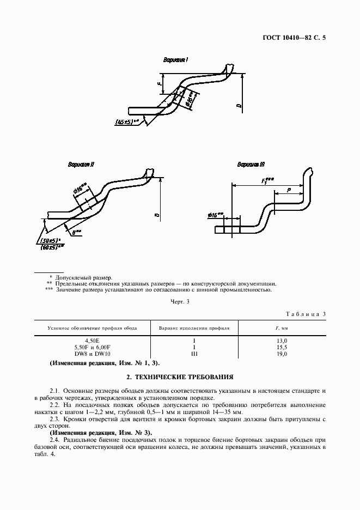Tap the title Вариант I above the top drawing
coord(175,60)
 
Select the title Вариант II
coord(81,164)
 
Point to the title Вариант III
coord(251,165)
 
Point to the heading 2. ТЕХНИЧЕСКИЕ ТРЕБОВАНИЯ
coord(180,376)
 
